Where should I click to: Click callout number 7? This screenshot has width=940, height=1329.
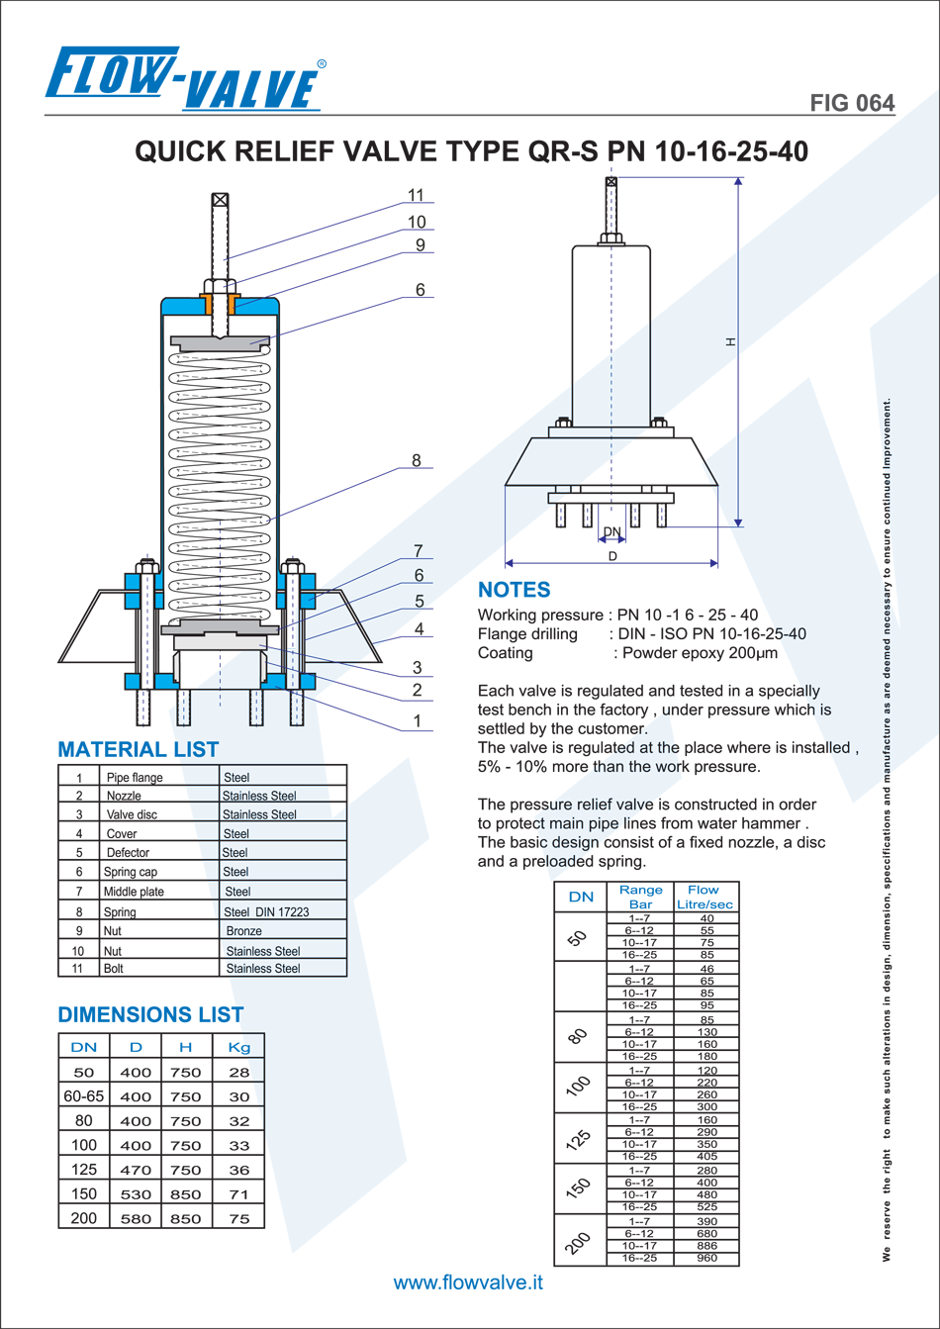pyautogui.click(x=419, y=551)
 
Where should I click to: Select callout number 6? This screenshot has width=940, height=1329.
pyautogui.click(x=419, y=576)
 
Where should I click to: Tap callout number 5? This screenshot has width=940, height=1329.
pyautogui.click(x=420, y=602)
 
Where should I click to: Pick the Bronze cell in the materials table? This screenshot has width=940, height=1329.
pyautogui.click(x=243, y=931)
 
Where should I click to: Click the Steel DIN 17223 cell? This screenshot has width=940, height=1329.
pyautogui.click(x=266, y=911)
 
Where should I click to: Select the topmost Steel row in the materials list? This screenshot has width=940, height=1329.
pyautogui.click(x=236, y=778)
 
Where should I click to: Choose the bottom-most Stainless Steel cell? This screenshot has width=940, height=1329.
pyautogui.click(x=263, y=969)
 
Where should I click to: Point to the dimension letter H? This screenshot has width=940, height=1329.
pyautogui.click(x=731, y=341)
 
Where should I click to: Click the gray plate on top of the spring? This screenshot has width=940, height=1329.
pyautogui.click(x=220, y=342)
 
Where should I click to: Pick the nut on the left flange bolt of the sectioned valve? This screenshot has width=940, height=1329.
pyautogui.click(x=146, y=567)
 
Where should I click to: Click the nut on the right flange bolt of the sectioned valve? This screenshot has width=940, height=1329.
pyautogui.click(x=292, y=567)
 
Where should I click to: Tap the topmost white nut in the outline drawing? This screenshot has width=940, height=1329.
pyautogui.click(x=611, y=237)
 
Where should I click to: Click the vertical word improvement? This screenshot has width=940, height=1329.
pyautogui.click(x=888, y=436)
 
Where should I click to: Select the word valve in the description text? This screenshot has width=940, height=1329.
pyautogui.click(x=635, y=805)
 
